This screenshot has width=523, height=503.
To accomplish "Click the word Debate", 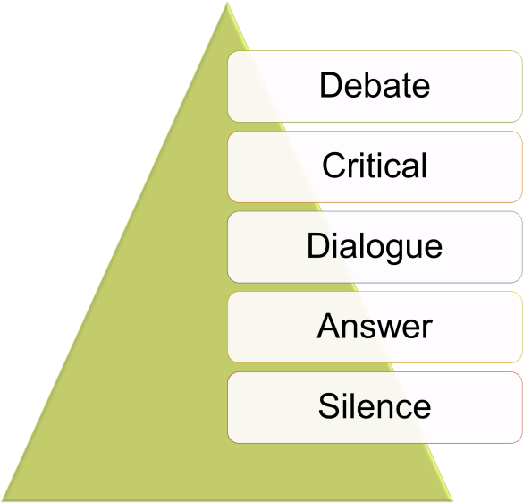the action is pyautogui.click(x=375, y=85).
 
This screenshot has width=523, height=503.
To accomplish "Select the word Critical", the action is pyautogui.click(x=375, y=166).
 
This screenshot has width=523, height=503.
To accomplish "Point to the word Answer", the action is pyautogui.click(x=375, y=326).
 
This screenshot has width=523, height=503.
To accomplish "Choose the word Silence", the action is pyautogui.click(x=375, y=405).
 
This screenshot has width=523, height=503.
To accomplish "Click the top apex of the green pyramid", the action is pyautogui.click(x=227, y=2).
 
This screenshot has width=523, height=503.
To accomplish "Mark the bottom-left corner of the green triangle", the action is pyautogui.click(x=1, y=501).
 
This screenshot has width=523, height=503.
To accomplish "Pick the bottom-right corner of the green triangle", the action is pyautogui.click(x=453, y=500).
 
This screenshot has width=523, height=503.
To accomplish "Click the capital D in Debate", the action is pyautogui.click(x=331, y=85).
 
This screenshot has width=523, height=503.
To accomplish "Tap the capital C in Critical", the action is pyautogui.click(x=334, y=166).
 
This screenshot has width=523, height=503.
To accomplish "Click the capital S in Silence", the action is pyautogui.click(x=330, y=405).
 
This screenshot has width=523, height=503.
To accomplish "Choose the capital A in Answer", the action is pyautogui.click(x=328, y=326).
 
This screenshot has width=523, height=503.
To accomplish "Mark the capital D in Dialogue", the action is pyautogui.click(x=318, y=245).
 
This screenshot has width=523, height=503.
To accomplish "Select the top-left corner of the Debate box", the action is pyautogui.click(x=228, y=51).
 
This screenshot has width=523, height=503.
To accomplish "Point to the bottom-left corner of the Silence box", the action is pyautogui.click(x=228, y=443).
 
